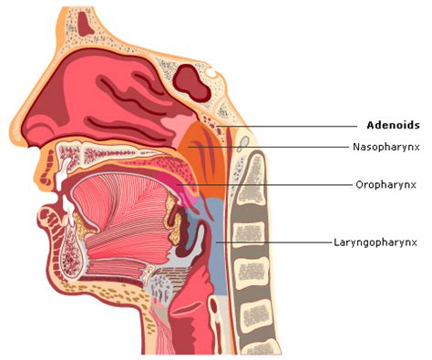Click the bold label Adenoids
[393, 125]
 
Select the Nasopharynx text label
[386, 147]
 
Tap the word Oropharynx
[386, 185]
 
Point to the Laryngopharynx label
[375, 242]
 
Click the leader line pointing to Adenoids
[287, 126]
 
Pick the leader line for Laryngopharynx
[273, 242]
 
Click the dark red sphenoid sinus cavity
[191, 83]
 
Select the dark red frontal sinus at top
[86, 24]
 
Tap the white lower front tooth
[68, 211]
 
